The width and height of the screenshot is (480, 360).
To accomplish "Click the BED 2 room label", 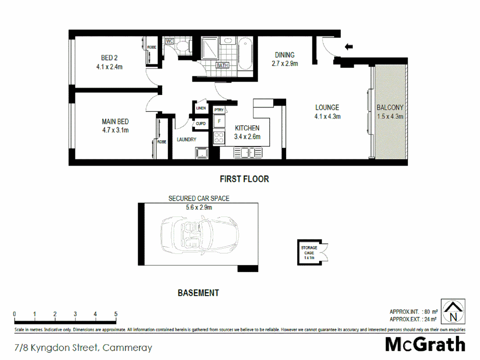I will [x=109, y=59].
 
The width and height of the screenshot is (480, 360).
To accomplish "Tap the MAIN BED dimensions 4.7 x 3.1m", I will [x=115, y=130].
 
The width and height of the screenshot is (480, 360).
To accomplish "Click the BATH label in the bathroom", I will [x=222, y=65].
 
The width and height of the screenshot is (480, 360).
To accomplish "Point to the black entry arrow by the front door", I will [x=349, y=47].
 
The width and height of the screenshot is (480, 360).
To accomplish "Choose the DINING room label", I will [x=284, y=55].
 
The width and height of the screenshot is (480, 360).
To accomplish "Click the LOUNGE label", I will [x=327, y=108].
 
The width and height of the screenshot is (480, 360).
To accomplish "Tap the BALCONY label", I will [x=389, y=108].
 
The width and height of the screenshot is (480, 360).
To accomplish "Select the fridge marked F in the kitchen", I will [x=219, y=121].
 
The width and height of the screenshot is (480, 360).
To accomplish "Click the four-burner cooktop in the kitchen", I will [x=219, y=138].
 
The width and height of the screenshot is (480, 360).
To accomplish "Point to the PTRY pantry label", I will [x=219, y=110].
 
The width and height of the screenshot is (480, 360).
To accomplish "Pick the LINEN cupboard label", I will [x=201, y=108].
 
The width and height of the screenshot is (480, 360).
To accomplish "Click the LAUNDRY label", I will [x=186, y=140].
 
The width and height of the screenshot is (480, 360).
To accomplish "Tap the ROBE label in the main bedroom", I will [x=161, y=142].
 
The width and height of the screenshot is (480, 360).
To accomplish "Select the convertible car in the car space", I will [x=199, y=235].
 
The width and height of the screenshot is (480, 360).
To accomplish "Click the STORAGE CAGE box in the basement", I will [x=310, y=251].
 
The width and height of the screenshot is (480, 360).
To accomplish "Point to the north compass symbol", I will [x=453, y=312].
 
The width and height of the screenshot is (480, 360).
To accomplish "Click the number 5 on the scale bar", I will [x=116, y=314].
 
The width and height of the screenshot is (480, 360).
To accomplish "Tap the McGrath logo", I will [x=425, y=345].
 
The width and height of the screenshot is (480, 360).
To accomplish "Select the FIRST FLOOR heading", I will [x=244, y=179].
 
